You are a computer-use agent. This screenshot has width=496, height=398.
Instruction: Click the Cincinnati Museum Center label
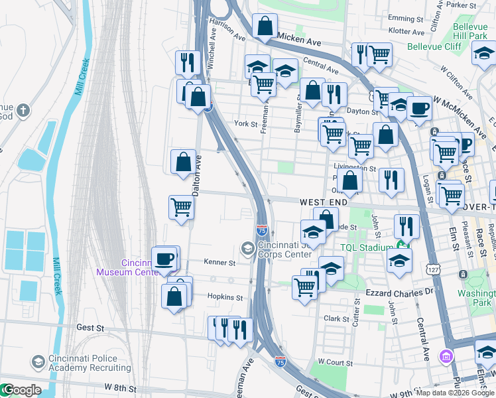point(126,267)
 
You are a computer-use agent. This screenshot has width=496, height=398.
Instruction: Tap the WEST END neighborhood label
point(323,202)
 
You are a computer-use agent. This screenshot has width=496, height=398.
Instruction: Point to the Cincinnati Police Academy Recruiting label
point(83,363)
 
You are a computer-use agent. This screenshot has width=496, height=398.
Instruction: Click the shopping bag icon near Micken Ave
point(264,27)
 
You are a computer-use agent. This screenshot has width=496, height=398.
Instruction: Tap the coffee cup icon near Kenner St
point(164,259)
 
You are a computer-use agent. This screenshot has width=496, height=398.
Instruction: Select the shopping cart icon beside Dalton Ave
point(181,207)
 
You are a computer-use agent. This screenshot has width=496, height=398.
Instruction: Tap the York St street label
point(245,123)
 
